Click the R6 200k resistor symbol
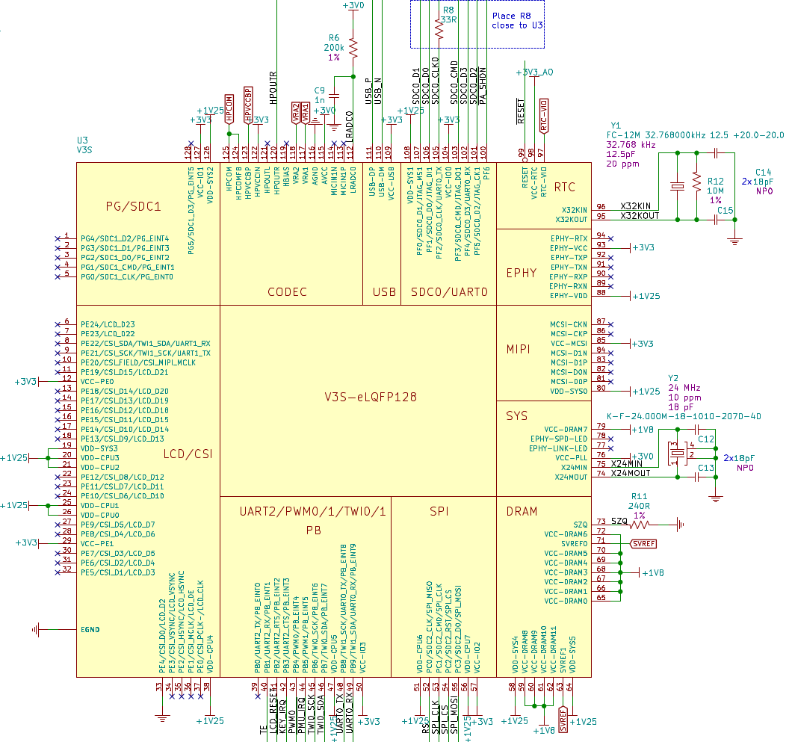point(353,48)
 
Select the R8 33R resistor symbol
point(439,27)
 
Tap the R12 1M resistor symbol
point(696,182)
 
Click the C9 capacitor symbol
point(334,96)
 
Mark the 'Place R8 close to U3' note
point(516,20)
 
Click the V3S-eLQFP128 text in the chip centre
point(371,397)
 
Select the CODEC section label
point(287,291)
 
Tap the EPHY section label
point(521,273)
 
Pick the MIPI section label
point(519,349)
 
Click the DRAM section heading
point(522,512)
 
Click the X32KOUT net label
point(640,215)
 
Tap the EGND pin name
point(90,629)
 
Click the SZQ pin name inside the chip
point(581,525)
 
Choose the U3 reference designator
point(82,140)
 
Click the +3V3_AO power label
point(535,72)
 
